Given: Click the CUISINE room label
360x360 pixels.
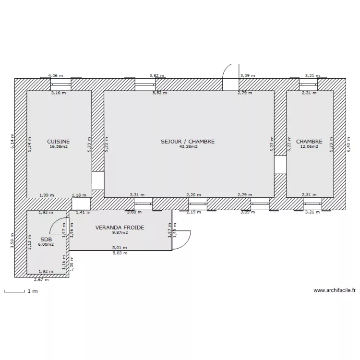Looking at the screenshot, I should click(59, 142).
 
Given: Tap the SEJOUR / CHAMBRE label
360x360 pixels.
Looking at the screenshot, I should click(188, 142).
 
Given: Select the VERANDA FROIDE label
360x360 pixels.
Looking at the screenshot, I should click(120, 228).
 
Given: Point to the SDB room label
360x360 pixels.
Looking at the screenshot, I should click(46, 239).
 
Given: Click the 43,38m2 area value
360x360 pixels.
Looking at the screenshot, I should click(189, 147).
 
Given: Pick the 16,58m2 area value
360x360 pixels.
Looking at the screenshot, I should click(59, 147).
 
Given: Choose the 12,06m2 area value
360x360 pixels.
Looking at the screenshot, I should click(309, 147).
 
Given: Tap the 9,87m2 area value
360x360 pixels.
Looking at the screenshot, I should click(120, 233).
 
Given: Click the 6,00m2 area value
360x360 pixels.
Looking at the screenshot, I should click(46, 244).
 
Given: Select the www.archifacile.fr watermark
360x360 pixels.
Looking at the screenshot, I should click(335, 290).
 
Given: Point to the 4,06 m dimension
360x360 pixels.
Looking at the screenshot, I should click(56, 76).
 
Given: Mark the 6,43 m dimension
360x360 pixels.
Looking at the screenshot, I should click(348, 144).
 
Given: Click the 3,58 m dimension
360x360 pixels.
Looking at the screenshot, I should click(12, 240).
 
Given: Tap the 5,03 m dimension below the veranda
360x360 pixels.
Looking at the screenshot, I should click(120, 253).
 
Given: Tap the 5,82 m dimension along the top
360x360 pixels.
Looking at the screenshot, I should click(156, 76).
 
